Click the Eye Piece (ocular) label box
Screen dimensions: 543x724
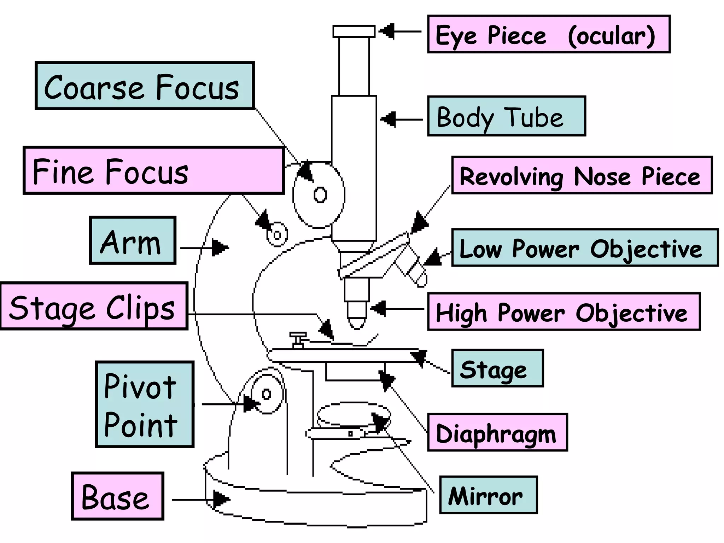click(548, 34)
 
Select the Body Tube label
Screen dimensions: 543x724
click(506, 116)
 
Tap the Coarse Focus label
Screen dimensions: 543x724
click(144, 86)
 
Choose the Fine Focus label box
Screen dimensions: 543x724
click(154, 170)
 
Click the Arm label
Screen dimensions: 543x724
click(133, 240)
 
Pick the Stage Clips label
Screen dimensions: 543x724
click(94, 306)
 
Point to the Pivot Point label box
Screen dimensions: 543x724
click(145, 404)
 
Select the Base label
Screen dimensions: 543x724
click(117, 496)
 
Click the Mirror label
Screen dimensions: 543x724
click(488, 495)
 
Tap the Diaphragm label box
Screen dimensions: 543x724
click(497, 432)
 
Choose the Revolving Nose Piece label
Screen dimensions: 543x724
click(582, 175)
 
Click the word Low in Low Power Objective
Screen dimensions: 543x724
click(480, 249)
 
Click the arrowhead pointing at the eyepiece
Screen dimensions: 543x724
click(387, 31)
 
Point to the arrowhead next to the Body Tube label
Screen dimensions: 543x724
click(388, 119)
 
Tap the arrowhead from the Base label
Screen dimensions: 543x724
click(221, 500)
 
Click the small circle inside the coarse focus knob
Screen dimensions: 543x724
click(320, 195)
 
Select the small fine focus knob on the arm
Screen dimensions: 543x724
click(277, 235)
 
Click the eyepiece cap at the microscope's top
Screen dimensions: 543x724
click(354, 31)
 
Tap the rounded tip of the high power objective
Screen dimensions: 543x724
click(357, 322)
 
